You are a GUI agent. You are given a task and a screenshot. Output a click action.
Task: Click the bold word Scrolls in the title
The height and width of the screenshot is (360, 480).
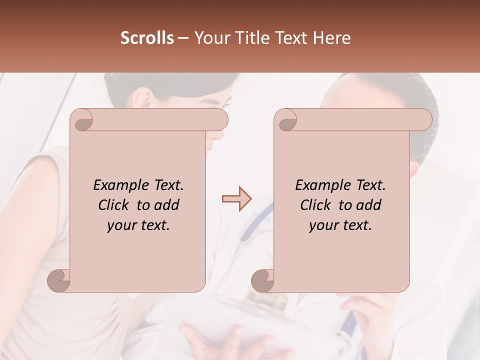coord(147,38)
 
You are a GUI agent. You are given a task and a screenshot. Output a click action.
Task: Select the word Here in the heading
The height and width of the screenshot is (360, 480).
coord(332,38)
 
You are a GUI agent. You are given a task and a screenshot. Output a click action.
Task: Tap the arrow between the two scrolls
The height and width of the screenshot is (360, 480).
coord(236,199)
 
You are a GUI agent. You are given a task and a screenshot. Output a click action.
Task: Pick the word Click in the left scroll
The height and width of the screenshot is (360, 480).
coord(115,205)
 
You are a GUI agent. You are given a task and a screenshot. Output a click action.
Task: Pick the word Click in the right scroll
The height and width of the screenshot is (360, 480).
coord(317,205)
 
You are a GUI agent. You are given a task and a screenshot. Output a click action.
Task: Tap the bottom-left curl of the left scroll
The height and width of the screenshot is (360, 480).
coord(59,280)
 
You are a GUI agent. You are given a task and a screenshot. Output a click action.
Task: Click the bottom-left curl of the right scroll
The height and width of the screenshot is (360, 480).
coord(263,280)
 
